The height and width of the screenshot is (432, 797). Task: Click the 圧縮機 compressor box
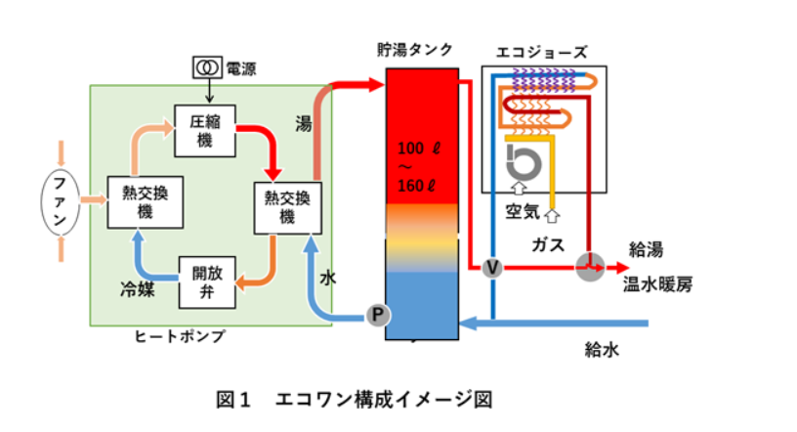point(206,129)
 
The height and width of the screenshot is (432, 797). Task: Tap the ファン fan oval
point(61,202)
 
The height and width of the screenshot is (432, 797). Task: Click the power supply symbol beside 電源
point(206,67)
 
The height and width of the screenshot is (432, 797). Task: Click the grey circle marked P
point(376,315)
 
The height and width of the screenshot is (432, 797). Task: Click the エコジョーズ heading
point(542,50)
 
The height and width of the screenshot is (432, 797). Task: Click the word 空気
point(522,210)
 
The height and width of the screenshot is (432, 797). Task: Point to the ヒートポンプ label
point(180,337)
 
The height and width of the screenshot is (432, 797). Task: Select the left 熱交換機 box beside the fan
point(131,202)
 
